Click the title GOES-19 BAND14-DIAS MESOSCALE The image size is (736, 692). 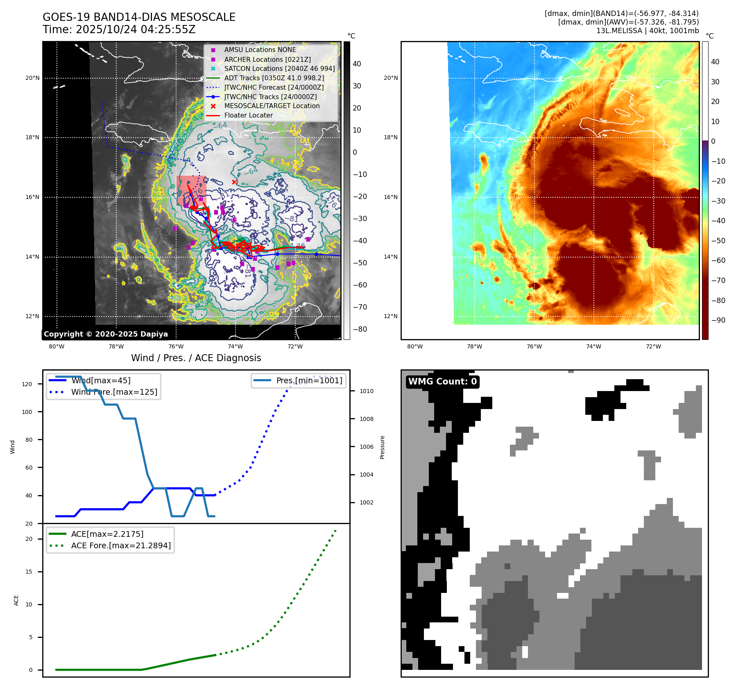tap(139, 17)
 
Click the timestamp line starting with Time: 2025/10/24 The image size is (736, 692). tap(119, 29)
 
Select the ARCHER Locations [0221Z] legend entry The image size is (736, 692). tap(267, 59)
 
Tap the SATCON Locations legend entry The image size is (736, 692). tap(279, 69)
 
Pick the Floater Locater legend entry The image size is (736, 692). tap(248, 115)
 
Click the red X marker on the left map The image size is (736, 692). tap(234, 182)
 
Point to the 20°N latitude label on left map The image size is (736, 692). tap(33, 78)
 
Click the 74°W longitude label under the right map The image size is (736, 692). tap(593, 346)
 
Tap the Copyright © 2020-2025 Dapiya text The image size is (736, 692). tap(106, 334)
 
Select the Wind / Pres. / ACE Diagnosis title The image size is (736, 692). tap(196, 358)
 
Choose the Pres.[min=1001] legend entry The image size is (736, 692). tap(309, 380)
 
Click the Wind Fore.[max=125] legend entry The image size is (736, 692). tap(114, 392)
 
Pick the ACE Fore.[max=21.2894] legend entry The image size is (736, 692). tap(121, 545)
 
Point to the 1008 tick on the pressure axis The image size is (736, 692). tap(366, 419)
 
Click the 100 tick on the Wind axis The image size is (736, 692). tap(27, 412)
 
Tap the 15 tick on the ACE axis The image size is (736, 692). tap(29, 572)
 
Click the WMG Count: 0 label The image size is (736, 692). tap(442, 382)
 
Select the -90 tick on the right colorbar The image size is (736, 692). tap(718, 320)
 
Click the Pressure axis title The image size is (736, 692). tap(382, 447)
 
